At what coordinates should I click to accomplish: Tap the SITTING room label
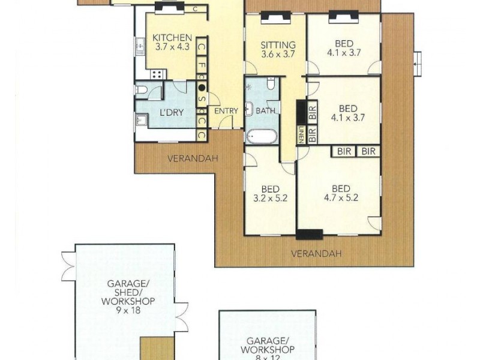pyautogui.click(x=278, y=45)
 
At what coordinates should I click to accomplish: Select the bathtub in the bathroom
pyautogui.click(x=261, y=135)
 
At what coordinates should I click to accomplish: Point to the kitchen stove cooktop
pyautogui.click(x=157, y=74)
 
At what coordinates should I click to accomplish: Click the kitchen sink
pyautogui.click(x=139, y=44)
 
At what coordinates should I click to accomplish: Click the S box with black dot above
pyautogui.click(x=202, y=100)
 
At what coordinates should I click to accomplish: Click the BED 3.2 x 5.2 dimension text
pyautogui.click(x=269, y=197)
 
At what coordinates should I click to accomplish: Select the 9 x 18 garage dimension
pyautogui.click(x=127, y=311)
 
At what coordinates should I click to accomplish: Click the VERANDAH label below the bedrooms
pyautogui.click(x=316, y=254)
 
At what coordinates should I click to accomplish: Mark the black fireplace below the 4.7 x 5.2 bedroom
pyautogui.click(x=310, y=235)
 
